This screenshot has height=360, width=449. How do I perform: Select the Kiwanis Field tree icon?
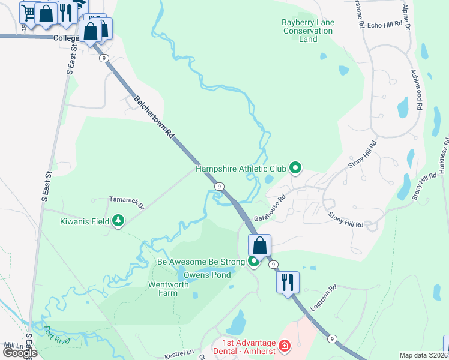tap(118, 221)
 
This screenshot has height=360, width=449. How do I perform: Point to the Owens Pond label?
tap(206, 275)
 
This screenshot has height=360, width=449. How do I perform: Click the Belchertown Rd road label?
tap(154, 118)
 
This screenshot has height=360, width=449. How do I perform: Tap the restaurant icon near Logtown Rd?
tap(288, 281)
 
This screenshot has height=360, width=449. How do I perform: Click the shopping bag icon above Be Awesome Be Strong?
tap(259, 245)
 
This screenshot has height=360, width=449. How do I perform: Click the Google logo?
tap(20, 352)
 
